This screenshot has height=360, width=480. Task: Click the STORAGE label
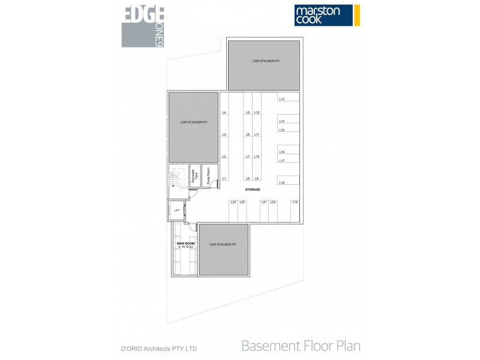click(252, 190)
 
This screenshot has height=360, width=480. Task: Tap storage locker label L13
click(281, 99)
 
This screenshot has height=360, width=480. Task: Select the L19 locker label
click(295, 202)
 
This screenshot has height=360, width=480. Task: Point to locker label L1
click(224, 179)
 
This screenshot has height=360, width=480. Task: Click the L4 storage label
click(224, 112)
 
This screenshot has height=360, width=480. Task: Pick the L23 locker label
click(233, 202)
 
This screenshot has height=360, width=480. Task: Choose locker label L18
click(281, 182)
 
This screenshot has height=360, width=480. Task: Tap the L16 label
click(281, 152)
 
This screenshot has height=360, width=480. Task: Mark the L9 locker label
click(256, 179)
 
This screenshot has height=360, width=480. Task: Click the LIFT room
click(176, 211)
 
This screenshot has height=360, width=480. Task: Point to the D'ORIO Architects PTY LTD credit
click(160, 348)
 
